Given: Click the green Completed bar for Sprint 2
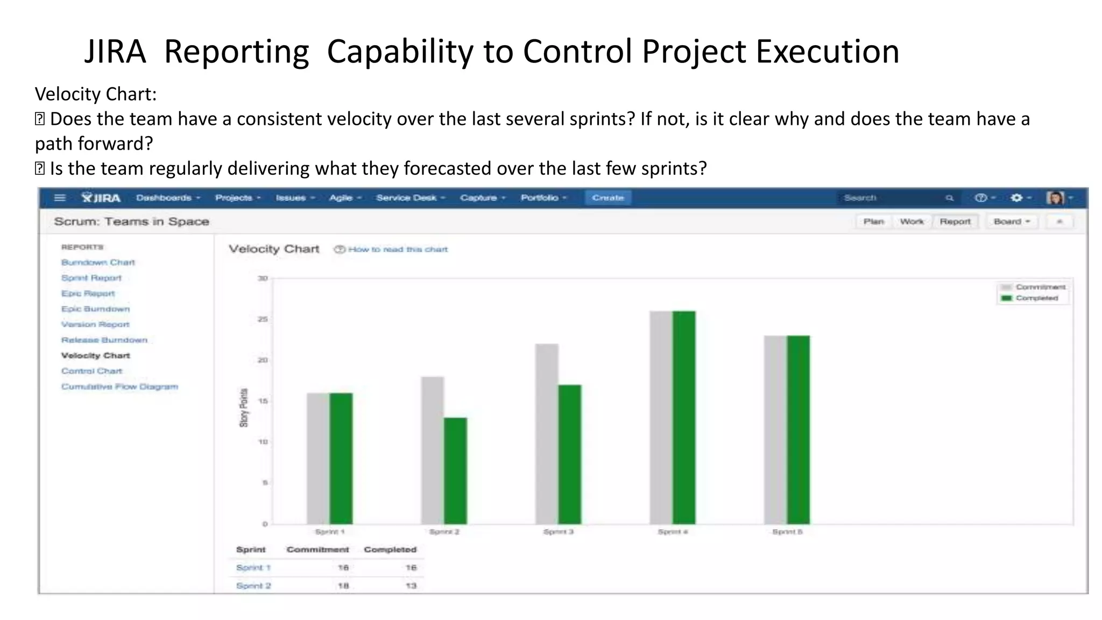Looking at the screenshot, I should coord(455,470).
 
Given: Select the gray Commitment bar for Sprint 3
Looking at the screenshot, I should coord(547,434).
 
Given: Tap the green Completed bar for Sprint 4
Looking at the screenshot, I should coord(684,417).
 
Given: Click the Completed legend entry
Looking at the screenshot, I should coord(1036,298).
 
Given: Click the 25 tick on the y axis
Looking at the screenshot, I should coord(263,319).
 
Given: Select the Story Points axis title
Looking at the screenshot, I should coord(244,407).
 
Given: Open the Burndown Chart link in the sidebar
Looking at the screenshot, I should coord(98,262).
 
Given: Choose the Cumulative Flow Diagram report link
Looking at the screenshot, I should coord(119,386).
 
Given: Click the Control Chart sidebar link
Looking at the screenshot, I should coord(91,371).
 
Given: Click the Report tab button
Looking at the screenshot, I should coord(955,221).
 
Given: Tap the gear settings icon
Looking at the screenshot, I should coord(1016,198).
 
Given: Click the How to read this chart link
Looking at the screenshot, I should coord(398,249).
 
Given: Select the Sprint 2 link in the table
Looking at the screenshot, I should coord(253,586).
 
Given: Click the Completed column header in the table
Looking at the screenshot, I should coord(390,549).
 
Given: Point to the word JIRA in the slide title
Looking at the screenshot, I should coord(115,52).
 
